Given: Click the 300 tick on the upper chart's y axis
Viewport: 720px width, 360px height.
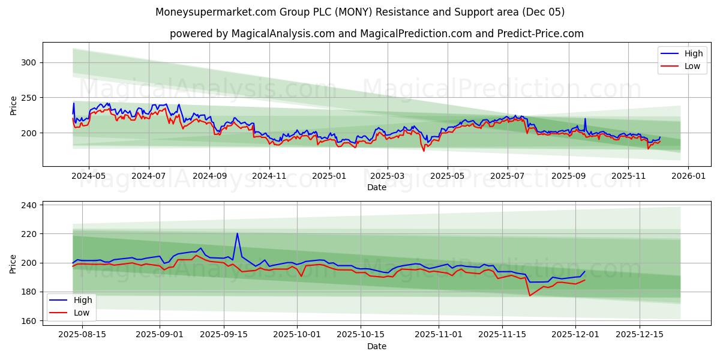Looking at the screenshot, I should tap(28, 62).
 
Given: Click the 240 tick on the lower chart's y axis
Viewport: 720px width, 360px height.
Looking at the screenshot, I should tap(28, 205).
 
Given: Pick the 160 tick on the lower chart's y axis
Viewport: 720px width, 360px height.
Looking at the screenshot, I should tap(28, 321).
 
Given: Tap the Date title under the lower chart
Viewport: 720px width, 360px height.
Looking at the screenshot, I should tap(377, 346).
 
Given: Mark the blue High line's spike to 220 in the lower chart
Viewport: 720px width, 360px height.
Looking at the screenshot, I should tap(237, 233).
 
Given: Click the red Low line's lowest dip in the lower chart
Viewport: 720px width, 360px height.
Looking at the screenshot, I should tap(530, 295).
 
